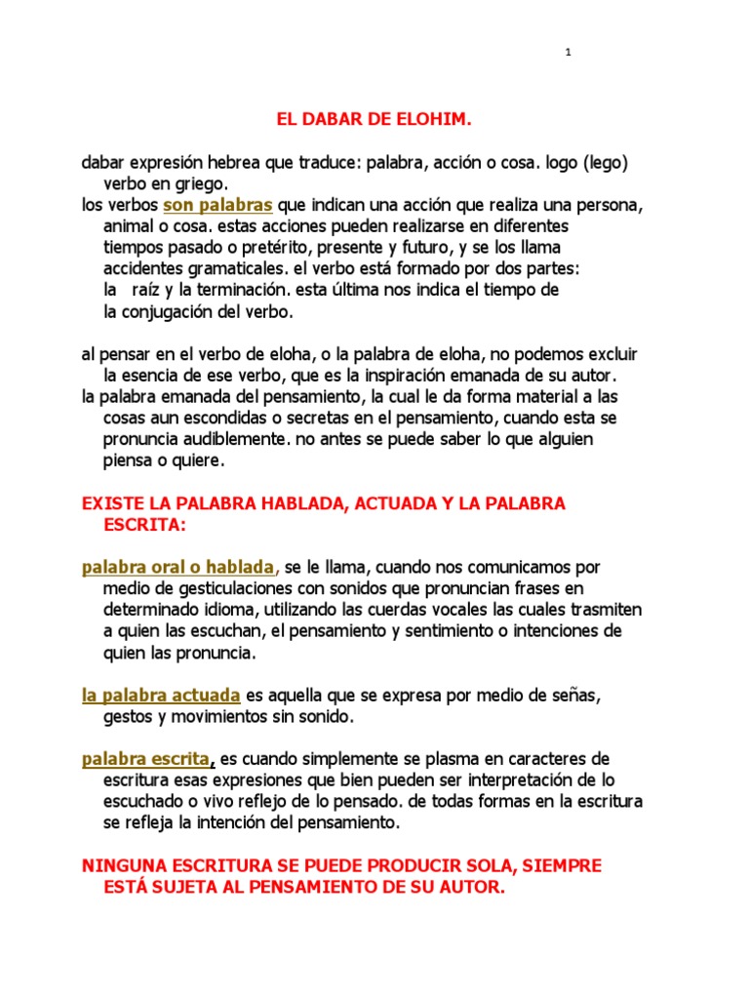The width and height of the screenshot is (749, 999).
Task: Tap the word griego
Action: click(x=201, y=183)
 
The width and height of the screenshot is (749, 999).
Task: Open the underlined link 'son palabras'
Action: click(x=217, y=206)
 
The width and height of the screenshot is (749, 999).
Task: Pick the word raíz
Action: click(x=147, y=291)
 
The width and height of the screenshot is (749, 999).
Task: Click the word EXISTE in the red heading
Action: click(x=115, y=503)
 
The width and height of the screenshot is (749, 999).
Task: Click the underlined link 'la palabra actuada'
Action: click(x=161, y=696)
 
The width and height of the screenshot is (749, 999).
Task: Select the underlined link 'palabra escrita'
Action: click(x=145, y=758)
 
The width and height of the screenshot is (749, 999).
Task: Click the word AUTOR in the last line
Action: click(x=471, y=888)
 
